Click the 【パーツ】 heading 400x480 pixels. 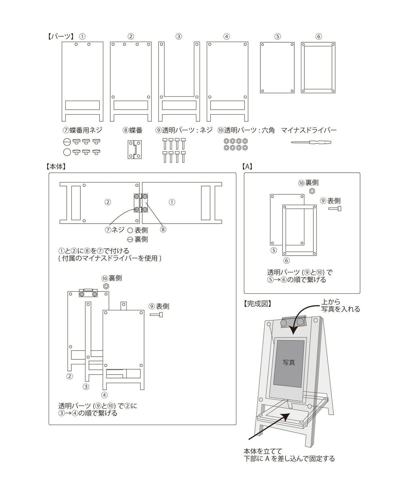pos(60,37)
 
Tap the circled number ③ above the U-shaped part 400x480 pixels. pos(179,37)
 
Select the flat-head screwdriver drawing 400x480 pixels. pos(311,142)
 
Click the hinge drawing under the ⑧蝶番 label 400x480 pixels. pos(135,150)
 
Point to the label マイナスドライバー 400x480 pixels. pos(309,130)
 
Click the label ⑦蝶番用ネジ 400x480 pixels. pos(83,130)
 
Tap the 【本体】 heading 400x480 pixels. pos(56,166)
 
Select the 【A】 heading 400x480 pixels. pos(247,166)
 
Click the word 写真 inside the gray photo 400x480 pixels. pos(289,363)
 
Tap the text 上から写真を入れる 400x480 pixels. pos(340,305)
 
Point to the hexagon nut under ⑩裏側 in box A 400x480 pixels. pos(312,191)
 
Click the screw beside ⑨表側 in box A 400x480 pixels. pos(335,209)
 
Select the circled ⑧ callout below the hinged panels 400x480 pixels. pos(163,229)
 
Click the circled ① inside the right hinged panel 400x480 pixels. pos(172,202)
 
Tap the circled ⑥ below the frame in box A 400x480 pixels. pos(286,260)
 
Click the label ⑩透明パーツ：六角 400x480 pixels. pos(246,130)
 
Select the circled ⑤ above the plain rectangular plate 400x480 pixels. pos(277,37)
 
